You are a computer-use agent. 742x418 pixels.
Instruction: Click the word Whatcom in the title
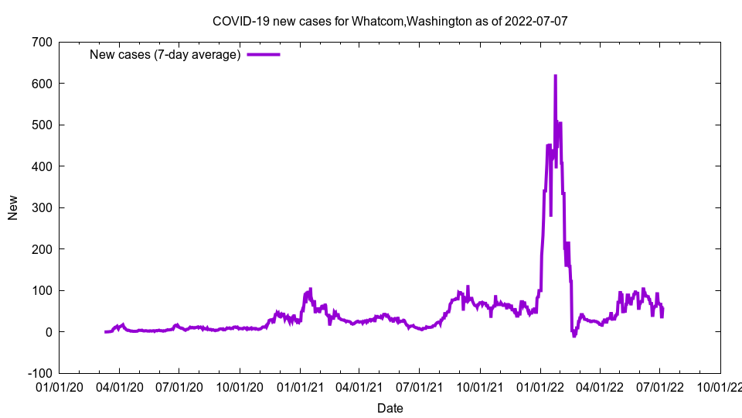tap(378, 21)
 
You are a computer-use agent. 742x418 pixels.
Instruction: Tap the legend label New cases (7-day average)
tap(165, 54)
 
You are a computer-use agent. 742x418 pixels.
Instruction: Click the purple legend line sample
tap(263, 54)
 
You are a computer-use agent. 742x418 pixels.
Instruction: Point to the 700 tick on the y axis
tap(42, 42)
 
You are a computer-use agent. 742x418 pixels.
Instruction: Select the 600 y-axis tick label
tap(42, 83)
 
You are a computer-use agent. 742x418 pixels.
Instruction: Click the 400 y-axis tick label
tap(42, 166)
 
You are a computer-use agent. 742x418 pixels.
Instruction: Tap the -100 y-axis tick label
tap(39, 373)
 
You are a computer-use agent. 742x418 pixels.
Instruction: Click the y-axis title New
tap(13, 207)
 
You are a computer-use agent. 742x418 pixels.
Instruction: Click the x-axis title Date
tap(390, 408)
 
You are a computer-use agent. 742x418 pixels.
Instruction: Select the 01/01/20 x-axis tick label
tap(59, 385)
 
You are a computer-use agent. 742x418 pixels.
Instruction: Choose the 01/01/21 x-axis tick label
tap(300, 385)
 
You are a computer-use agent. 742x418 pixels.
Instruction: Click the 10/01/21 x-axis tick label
tap(480, 385)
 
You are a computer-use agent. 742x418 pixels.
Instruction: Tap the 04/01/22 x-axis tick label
tap(600, 385)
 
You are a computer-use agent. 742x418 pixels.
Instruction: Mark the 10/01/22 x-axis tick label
tap(720, 385)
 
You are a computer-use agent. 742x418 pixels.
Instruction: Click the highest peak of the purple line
tap(555, 76)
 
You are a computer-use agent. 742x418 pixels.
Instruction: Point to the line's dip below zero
tap(574, 336)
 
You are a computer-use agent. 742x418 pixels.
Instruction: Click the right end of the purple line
tap(662, 308)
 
